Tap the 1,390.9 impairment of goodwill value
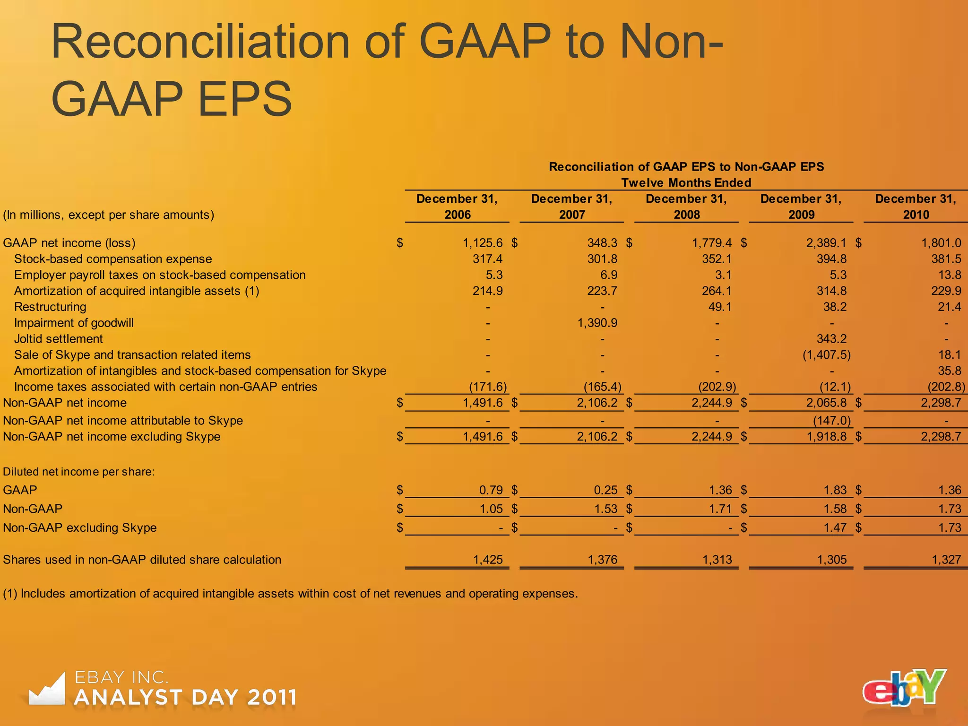point(597,323)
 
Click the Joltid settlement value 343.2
point(831,339)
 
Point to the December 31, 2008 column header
point(686,207)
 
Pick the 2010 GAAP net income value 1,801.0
point(941,243)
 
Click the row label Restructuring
point(50,307)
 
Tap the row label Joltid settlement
point(58,339)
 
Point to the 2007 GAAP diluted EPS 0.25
point(605,490)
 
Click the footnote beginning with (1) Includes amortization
point(290,594)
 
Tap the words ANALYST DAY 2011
point(185,698)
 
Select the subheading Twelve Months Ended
point(686,183)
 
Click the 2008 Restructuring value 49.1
point(719,307)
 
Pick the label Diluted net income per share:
point(79,472)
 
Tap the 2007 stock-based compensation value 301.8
point(602,259)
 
